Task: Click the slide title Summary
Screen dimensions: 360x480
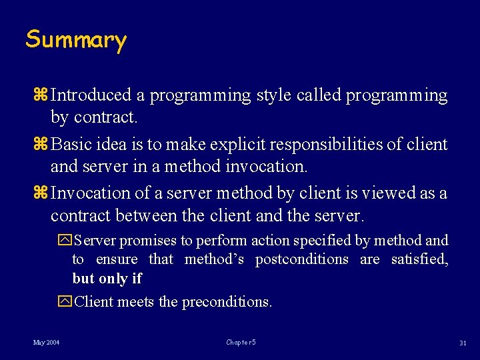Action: pyautogui.click(x=75, y=40)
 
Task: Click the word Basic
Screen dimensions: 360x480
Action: pyautogui.click(x=72, y=144)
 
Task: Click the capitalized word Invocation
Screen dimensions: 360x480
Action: pyautogui.click(x=91, y=193)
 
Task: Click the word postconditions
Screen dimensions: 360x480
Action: pyautogui.click(x=301, y=259)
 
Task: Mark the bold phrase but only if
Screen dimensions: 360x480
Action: pyautogui.click(x=107, y=278)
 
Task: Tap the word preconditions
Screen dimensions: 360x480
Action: pyautogui.click(x=227, y=301)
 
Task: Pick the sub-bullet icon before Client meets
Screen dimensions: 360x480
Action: pyautogui.click(x=65, y=301)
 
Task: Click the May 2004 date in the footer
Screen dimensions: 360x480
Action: pyautogui.click(x=46, y=343)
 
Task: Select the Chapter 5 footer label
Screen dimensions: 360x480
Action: pyautogui.click(x=241, y=343)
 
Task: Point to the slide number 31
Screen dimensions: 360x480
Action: pyautogui.click(x=462, y=343)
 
